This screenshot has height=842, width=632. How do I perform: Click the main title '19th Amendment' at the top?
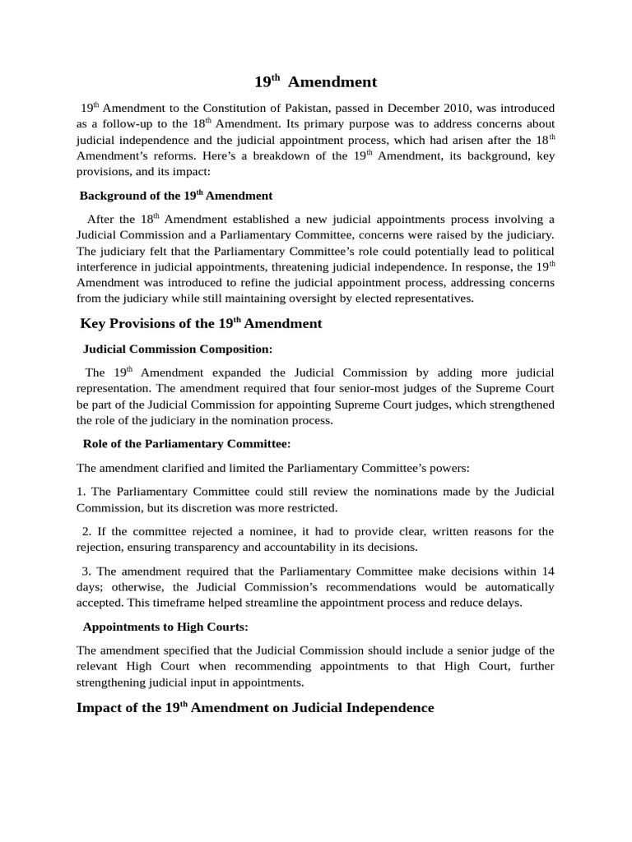[x=315, y=81]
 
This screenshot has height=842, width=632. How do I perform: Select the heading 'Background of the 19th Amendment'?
[x=175, y=196]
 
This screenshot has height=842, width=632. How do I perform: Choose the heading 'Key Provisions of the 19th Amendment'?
[x=201, y=323]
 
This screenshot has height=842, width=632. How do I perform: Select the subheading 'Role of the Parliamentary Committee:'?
[x=187, y=443]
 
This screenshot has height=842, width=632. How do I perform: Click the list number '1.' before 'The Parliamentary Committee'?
[x=81, y=492]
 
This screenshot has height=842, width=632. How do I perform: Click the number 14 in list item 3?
[x=547, y=571]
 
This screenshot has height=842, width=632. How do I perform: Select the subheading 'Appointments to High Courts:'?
[x=165, y=627]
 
